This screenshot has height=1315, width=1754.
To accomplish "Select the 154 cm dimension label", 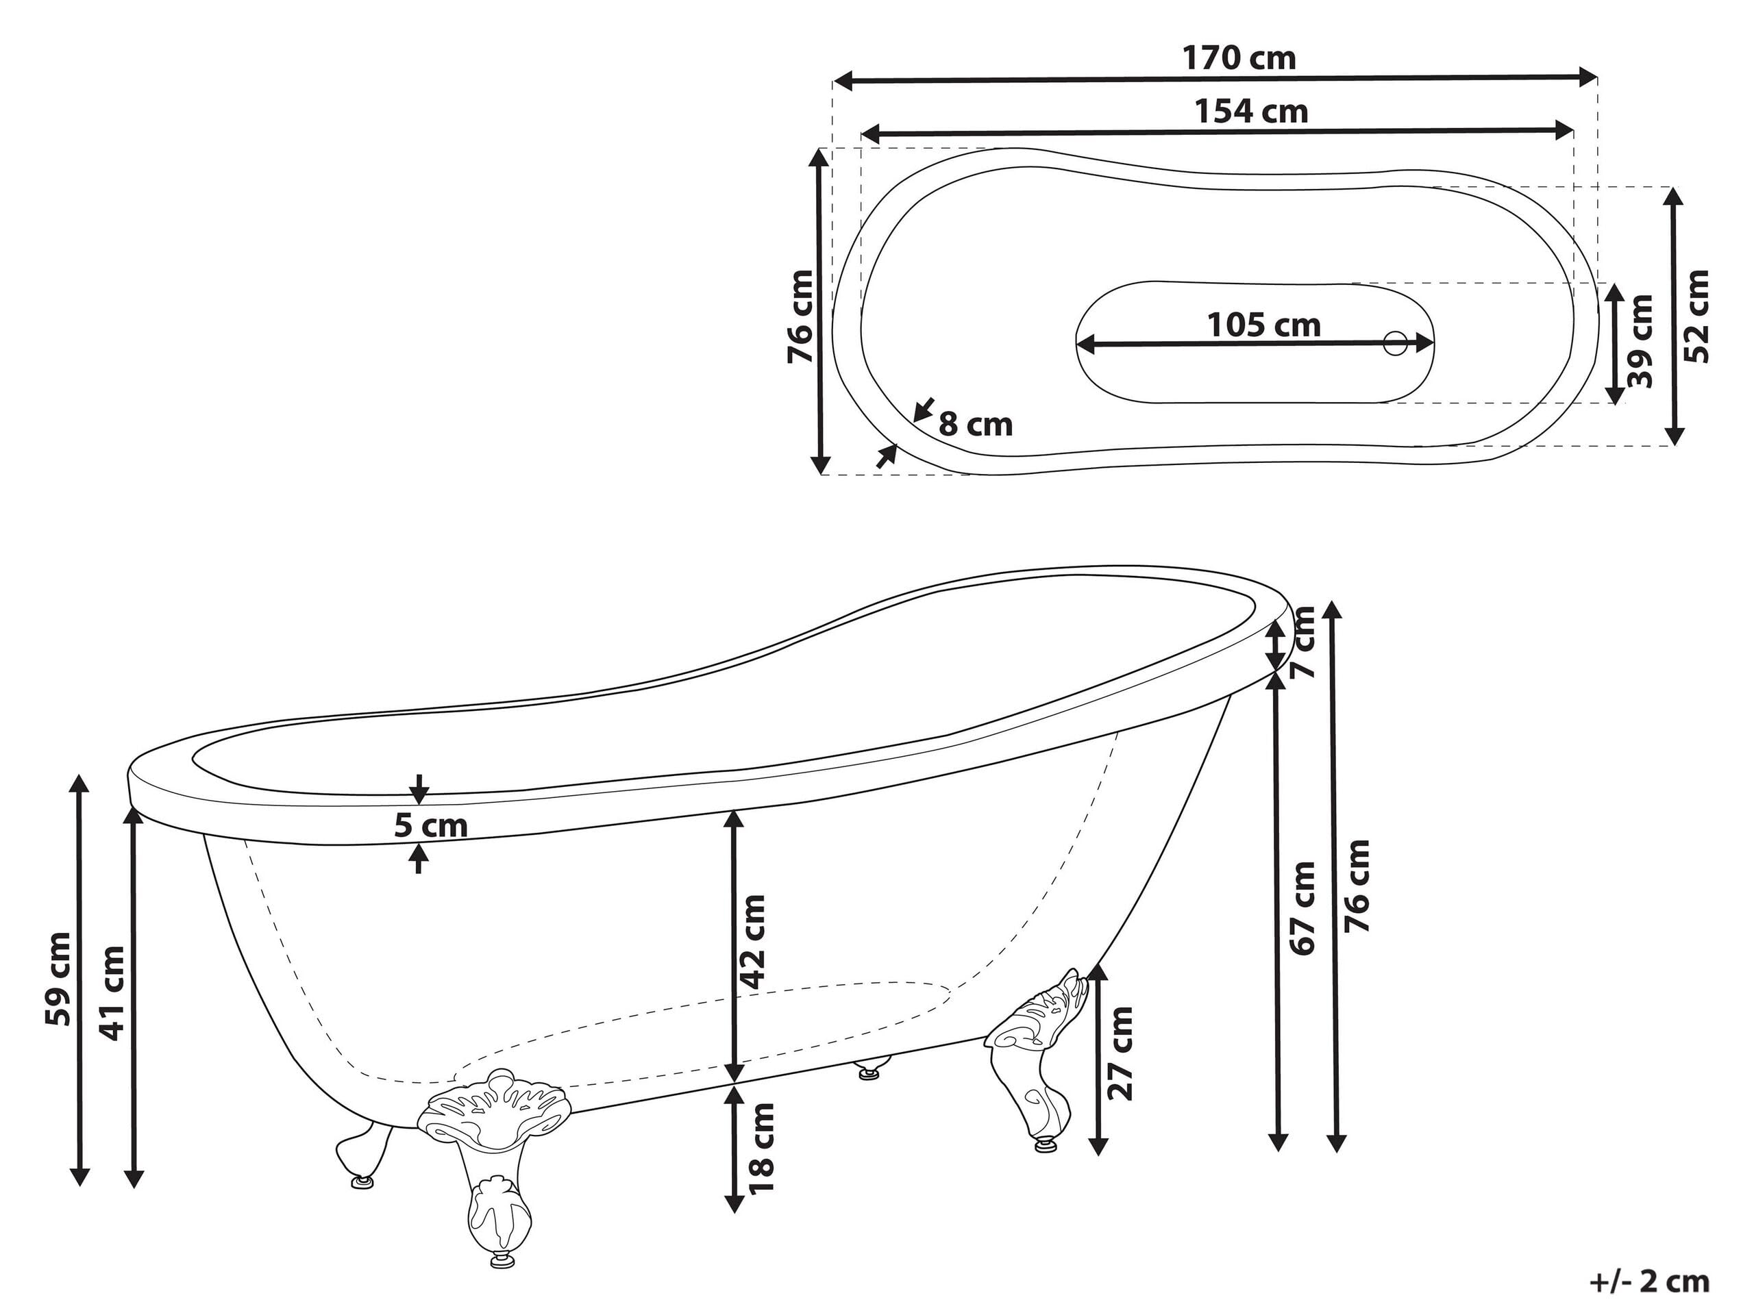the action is (1251, 112).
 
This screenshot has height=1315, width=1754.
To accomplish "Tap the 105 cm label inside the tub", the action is (1264, 325).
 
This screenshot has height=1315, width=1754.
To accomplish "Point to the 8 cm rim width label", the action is (976, 425).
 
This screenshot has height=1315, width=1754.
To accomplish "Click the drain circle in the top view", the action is (1395, 343).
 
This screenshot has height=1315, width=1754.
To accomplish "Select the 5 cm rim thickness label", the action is (430, 826).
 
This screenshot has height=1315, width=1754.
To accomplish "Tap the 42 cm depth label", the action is (752, 942).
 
